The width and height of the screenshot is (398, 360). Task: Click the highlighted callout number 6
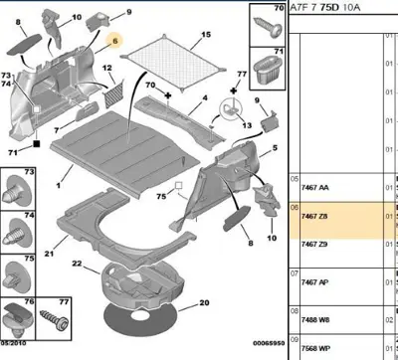click(114, 42)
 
